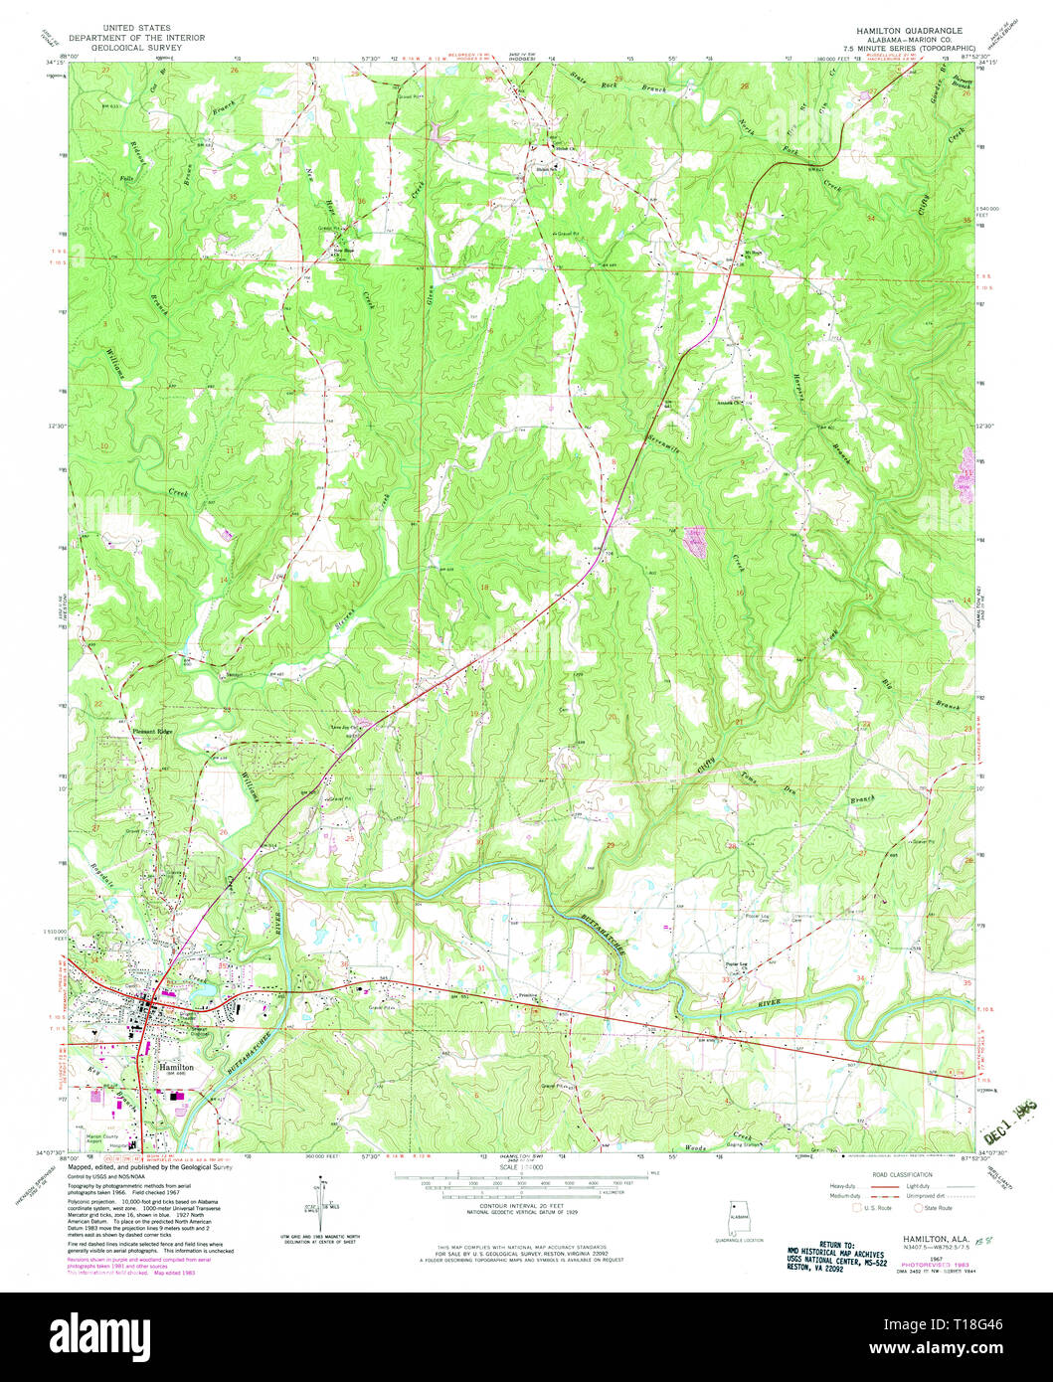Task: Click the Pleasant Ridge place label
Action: tap(153, 732)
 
